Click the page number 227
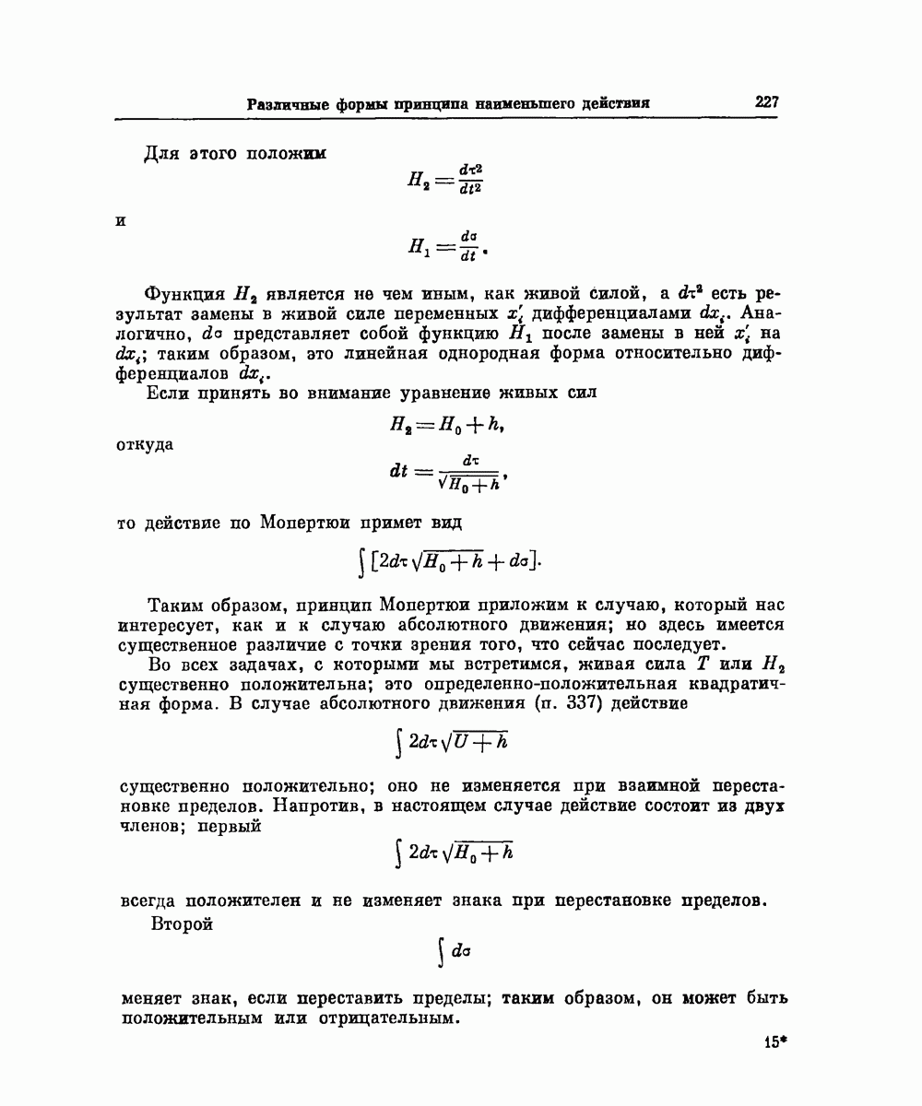click(x=767, y=102)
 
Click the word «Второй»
click(x=181, y=924)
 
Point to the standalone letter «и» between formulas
click(x=121, y=222)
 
